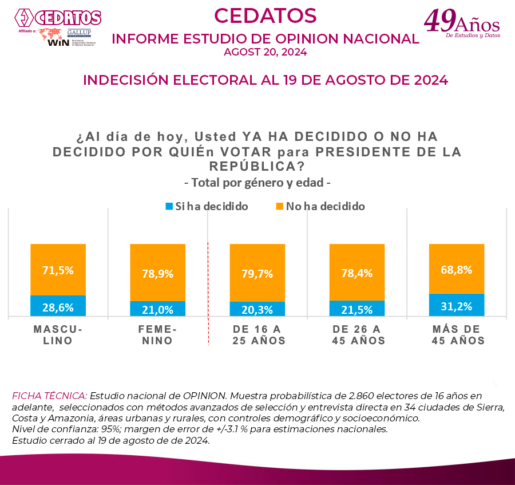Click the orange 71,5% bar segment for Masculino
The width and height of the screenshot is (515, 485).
point(58,270)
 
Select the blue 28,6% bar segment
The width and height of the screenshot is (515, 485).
point(58,306)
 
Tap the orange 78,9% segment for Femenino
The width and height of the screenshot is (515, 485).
point(157,273)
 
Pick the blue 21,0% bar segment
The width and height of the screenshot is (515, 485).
point(157,309)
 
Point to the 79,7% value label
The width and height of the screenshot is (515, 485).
point(257,273)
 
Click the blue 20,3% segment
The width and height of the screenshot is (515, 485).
point(257,309)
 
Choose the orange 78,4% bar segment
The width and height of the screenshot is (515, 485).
point(356,273)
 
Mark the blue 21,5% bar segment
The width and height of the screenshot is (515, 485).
point(356,309)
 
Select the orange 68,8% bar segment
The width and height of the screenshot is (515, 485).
point(456,269)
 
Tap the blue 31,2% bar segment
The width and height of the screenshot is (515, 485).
point(456,305)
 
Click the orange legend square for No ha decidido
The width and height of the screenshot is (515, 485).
point(280,206)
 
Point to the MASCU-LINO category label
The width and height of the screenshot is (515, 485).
point(58,335)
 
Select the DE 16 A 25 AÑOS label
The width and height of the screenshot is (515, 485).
point(257,335)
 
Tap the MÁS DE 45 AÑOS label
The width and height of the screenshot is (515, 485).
point(456,335)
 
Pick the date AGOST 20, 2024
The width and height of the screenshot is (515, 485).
point(266,52)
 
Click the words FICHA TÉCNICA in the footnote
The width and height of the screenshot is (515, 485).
point(50,396)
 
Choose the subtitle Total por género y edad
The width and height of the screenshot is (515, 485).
point(257,183)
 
